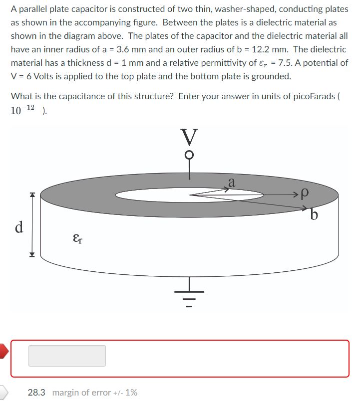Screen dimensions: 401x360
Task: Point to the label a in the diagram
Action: pyautogui.click(x=231, y=183)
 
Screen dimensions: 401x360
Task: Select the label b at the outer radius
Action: pyautogui.click(x=314, y=215)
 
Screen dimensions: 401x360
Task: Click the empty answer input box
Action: pyautogui.click(x=67, y=356)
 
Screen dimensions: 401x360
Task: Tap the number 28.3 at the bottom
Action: pyautogui.click(x=36, y=393)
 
